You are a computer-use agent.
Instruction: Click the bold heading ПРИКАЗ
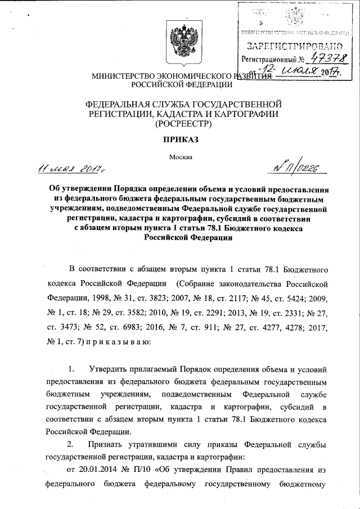tap(181, 138)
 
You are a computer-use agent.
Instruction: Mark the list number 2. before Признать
tap(70, 445)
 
